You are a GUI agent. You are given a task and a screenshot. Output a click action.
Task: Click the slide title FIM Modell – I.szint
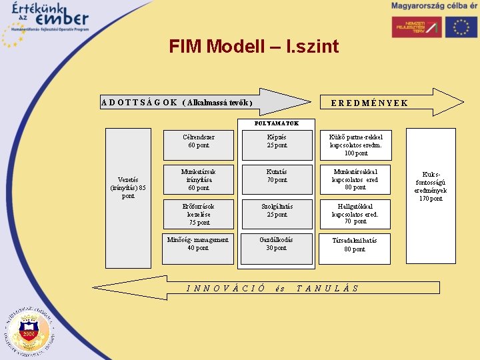pyautogui.click(x=253, y=47)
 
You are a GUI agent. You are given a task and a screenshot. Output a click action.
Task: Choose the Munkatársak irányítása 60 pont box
pyautogui.click(x=199, y=179)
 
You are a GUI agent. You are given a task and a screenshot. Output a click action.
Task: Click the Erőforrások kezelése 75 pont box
pyautogui.click(x=199, y=214)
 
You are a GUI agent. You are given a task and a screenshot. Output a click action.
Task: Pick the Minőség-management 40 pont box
pyautogui.click(x=199, y=248)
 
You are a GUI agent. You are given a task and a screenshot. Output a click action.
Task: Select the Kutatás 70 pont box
pyautogui.click(x=277, y=179)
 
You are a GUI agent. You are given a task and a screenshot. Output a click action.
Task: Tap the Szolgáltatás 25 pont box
pyautogui.click(x=277, y=214)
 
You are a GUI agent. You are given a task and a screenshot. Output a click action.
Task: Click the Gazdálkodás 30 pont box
pyautogui.click(x=277, y=248)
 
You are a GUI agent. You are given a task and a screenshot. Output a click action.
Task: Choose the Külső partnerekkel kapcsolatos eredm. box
pyautogui.click(x=355, y=145)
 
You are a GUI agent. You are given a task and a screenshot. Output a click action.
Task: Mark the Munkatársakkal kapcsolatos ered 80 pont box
pyautogui.click(x=355, y=179)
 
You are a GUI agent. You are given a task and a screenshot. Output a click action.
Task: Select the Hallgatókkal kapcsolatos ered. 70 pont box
pyautogui.click(x=355, y=214)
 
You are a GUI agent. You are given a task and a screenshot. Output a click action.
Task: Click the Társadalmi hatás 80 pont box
pyautogui.click(x=355, y=248)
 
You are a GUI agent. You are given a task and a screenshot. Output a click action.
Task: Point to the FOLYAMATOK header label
pyautogui.click(x=277, y=123)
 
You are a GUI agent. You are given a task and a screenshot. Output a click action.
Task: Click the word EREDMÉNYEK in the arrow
pyautogui.click(x=369, y=103)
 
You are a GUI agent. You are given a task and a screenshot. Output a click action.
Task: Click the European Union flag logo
pyautogui.click(x=461, y=26)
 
